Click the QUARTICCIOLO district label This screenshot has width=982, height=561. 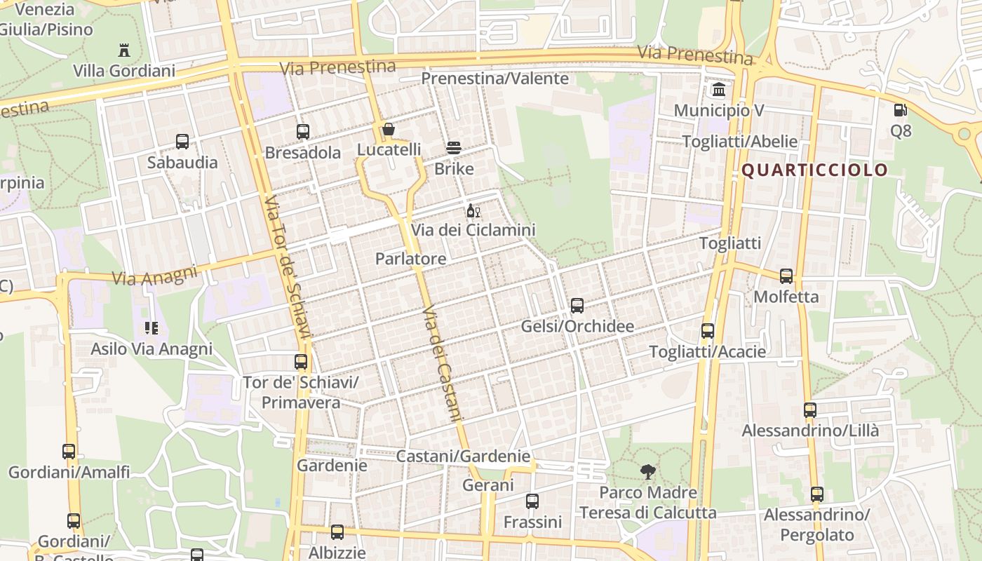[814, 170]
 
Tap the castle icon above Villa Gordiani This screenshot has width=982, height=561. [124, 50]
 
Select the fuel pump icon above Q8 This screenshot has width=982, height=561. [900, 109]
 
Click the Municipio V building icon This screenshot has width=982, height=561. [719, 90]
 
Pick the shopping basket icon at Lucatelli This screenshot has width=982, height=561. [389, 129]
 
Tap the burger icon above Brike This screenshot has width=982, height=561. [454, 148]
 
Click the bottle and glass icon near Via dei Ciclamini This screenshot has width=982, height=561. [473, 210]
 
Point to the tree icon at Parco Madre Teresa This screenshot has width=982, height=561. [647, 472]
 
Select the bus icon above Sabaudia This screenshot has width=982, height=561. [182, 142]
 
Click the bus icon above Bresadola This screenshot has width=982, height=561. [303, 131]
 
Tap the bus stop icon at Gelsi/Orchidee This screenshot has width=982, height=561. [577, 305]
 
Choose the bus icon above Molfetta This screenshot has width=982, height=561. [786, 276]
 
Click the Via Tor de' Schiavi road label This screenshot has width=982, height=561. [286, 266]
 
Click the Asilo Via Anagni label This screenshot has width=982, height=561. [152, 349]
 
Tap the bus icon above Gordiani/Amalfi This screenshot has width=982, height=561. [69, 451]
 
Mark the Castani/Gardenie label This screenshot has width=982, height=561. [463, 456]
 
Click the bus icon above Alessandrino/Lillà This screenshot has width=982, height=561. [810, 410]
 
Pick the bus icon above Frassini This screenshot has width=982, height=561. [532, 501]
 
